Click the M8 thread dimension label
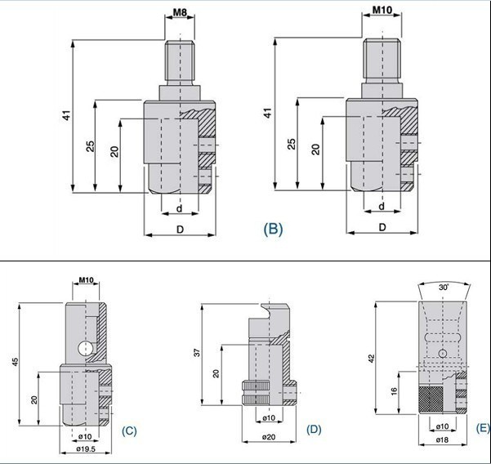click(180, 12)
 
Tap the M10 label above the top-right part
click(382, 10)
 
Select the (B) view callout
click(273, 229)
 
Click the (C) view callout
click(129, 431)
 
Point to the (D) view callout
click(314, 429)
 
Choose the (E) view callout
click(483, 428)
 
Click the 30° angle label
click(444, 287)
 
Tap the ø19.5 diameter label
click(86, 449)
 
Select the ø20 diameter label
click(269, 437)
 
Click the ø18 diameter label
click(442, 439)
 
